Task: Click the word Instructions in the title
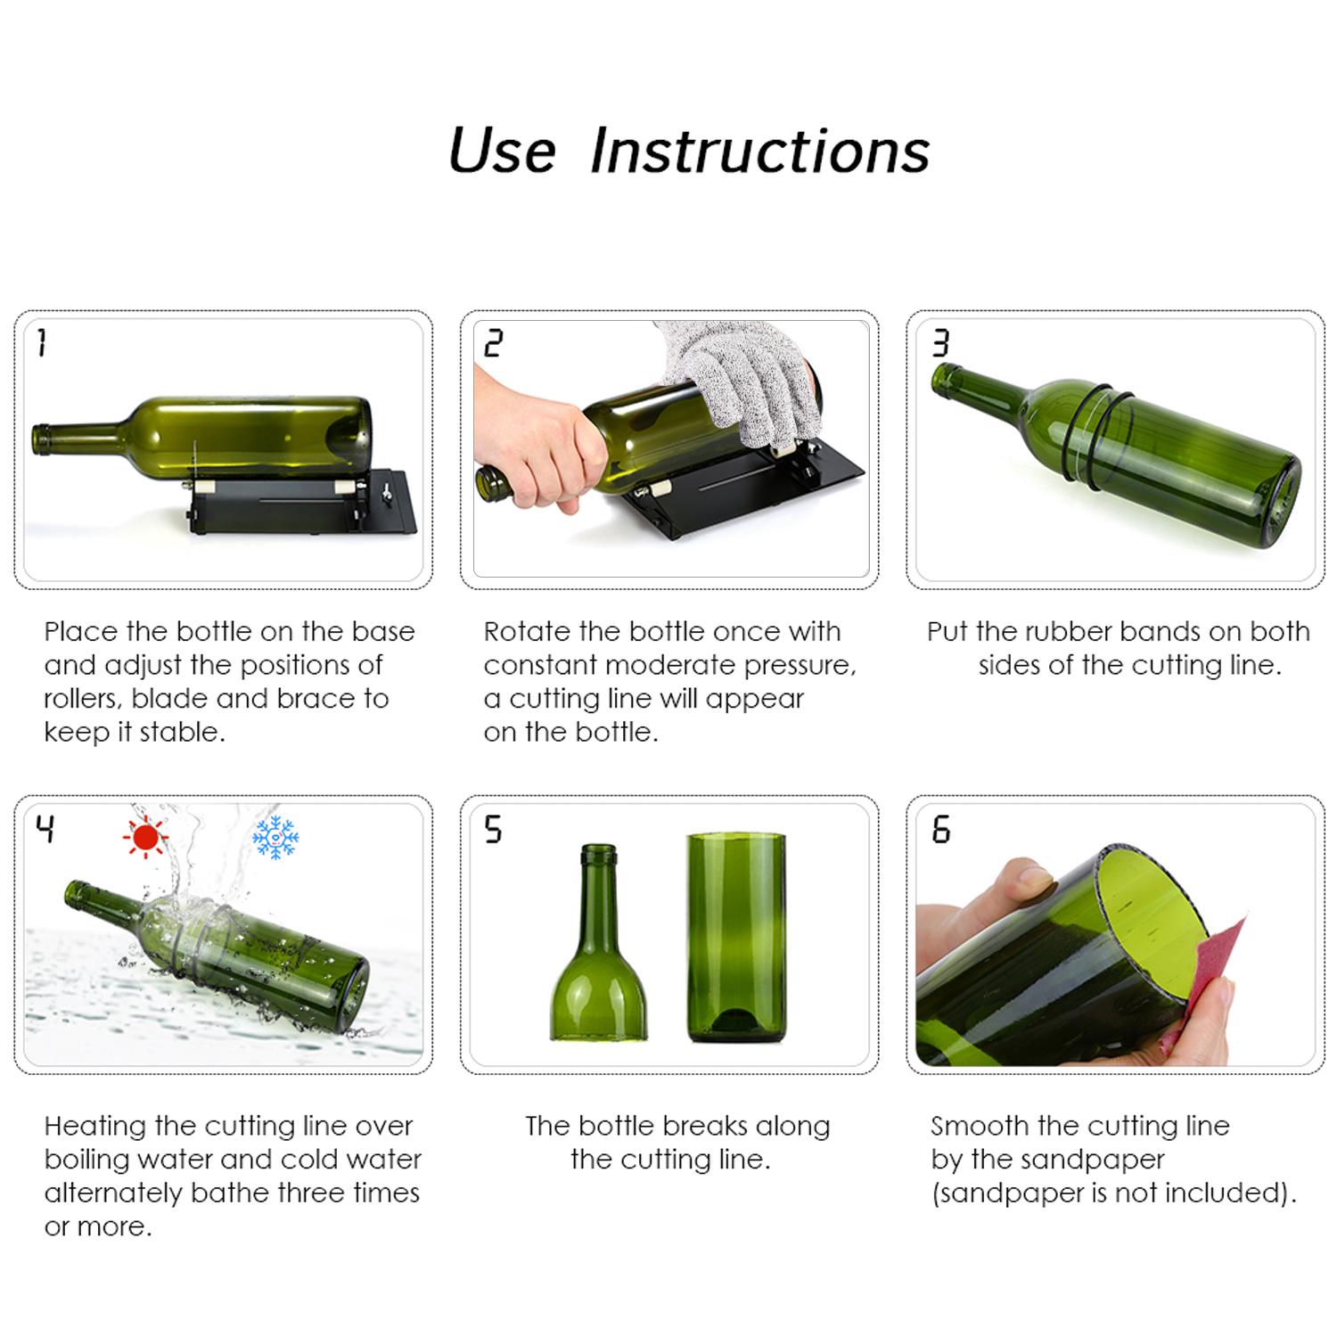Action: coord(759,151)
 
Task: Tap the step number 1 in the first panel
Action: coord(41,342)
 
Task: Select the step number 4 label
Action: coord(45,829)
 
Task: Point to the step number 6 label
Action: coord(941,830)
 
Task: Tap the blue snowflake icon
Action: coord(275,837)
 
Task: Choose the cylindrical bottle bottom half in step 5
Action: coord(737,940)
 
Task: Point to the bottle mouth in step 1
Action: coord(37,439)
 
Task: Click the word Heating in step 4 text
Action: coord(95,1127)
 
